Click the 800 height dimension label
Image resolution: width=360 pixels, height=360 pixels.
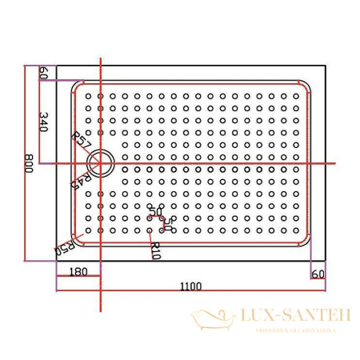pos(29,163)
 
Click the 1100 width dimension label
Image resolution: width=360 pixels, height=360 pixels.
pos(190,286)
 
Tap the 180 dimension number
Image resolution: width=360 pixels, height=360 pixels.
pos(78,272)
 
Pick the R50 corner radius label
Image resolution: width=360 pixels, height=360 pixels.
pos(65,246)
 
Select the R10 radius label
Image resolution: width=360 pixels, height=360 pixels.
pos(155,250)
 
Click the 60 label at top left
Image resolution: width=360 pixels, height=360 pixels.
pos(44,73)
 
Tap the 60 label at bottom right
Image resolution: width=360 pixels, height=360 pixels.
pos(318,274)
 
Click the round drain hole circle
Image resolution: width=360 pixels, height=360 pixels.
pos(102,162)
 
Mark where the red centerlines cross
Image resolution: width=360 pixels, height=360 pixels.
pos(101,163)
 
